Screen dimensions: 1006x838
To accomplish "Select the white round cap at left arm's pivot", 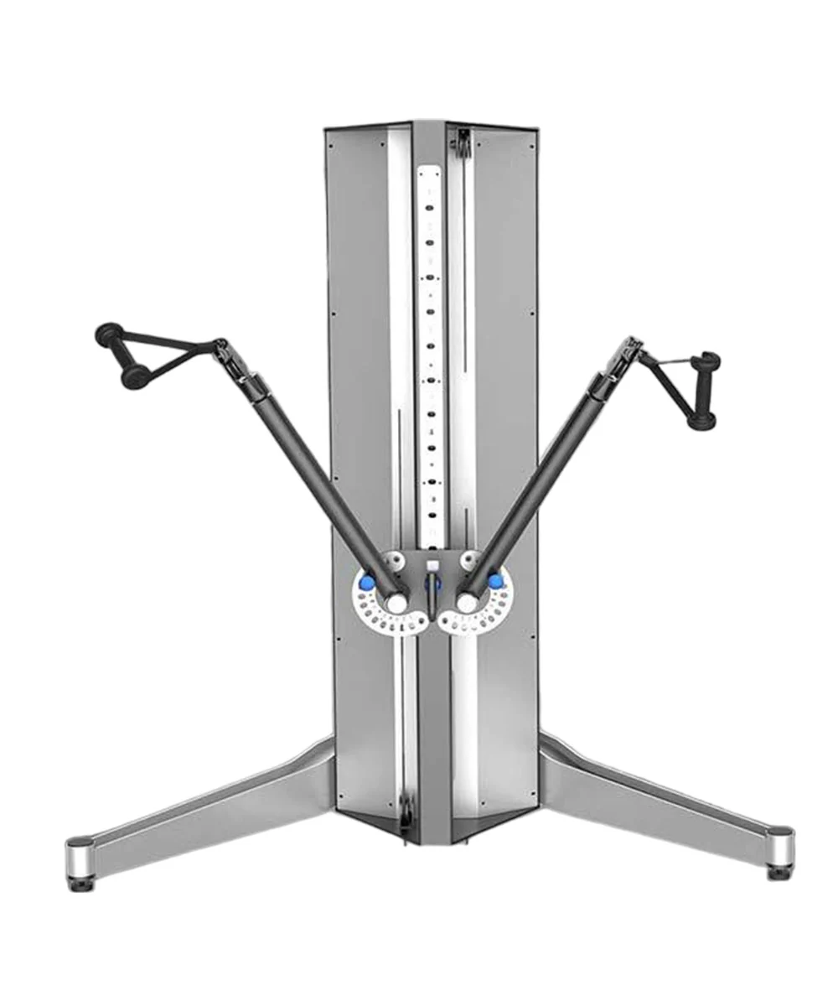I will point(396,603).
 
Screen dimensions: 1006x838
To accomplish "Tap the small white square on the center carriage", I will point(432,565).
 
